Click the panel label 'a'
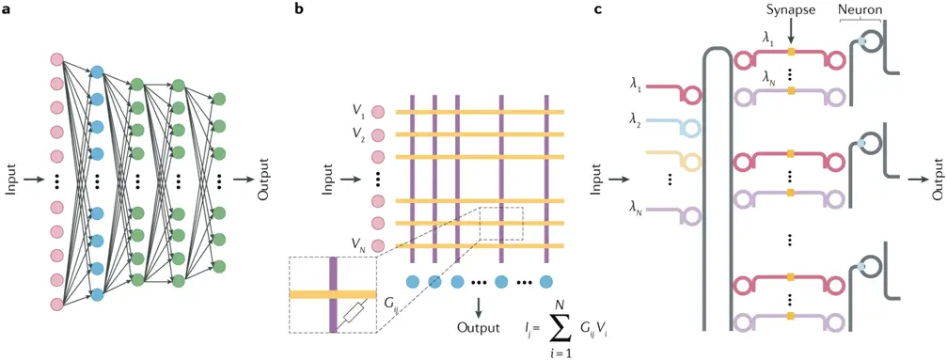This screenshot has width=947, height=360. [6, 10]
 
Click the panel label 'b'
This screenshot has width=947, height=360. [299, 10]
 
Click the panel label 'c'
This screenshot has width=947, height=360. [598, 10]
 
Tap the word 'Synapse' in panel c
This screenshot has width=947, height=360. [790, 10]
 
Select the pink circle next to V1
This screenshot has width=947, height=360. [379, 113]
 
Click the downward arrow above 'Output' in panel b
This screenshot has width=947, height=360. [480, 306]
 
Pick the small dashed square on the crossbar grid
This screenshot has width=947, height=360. [499, 224]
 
